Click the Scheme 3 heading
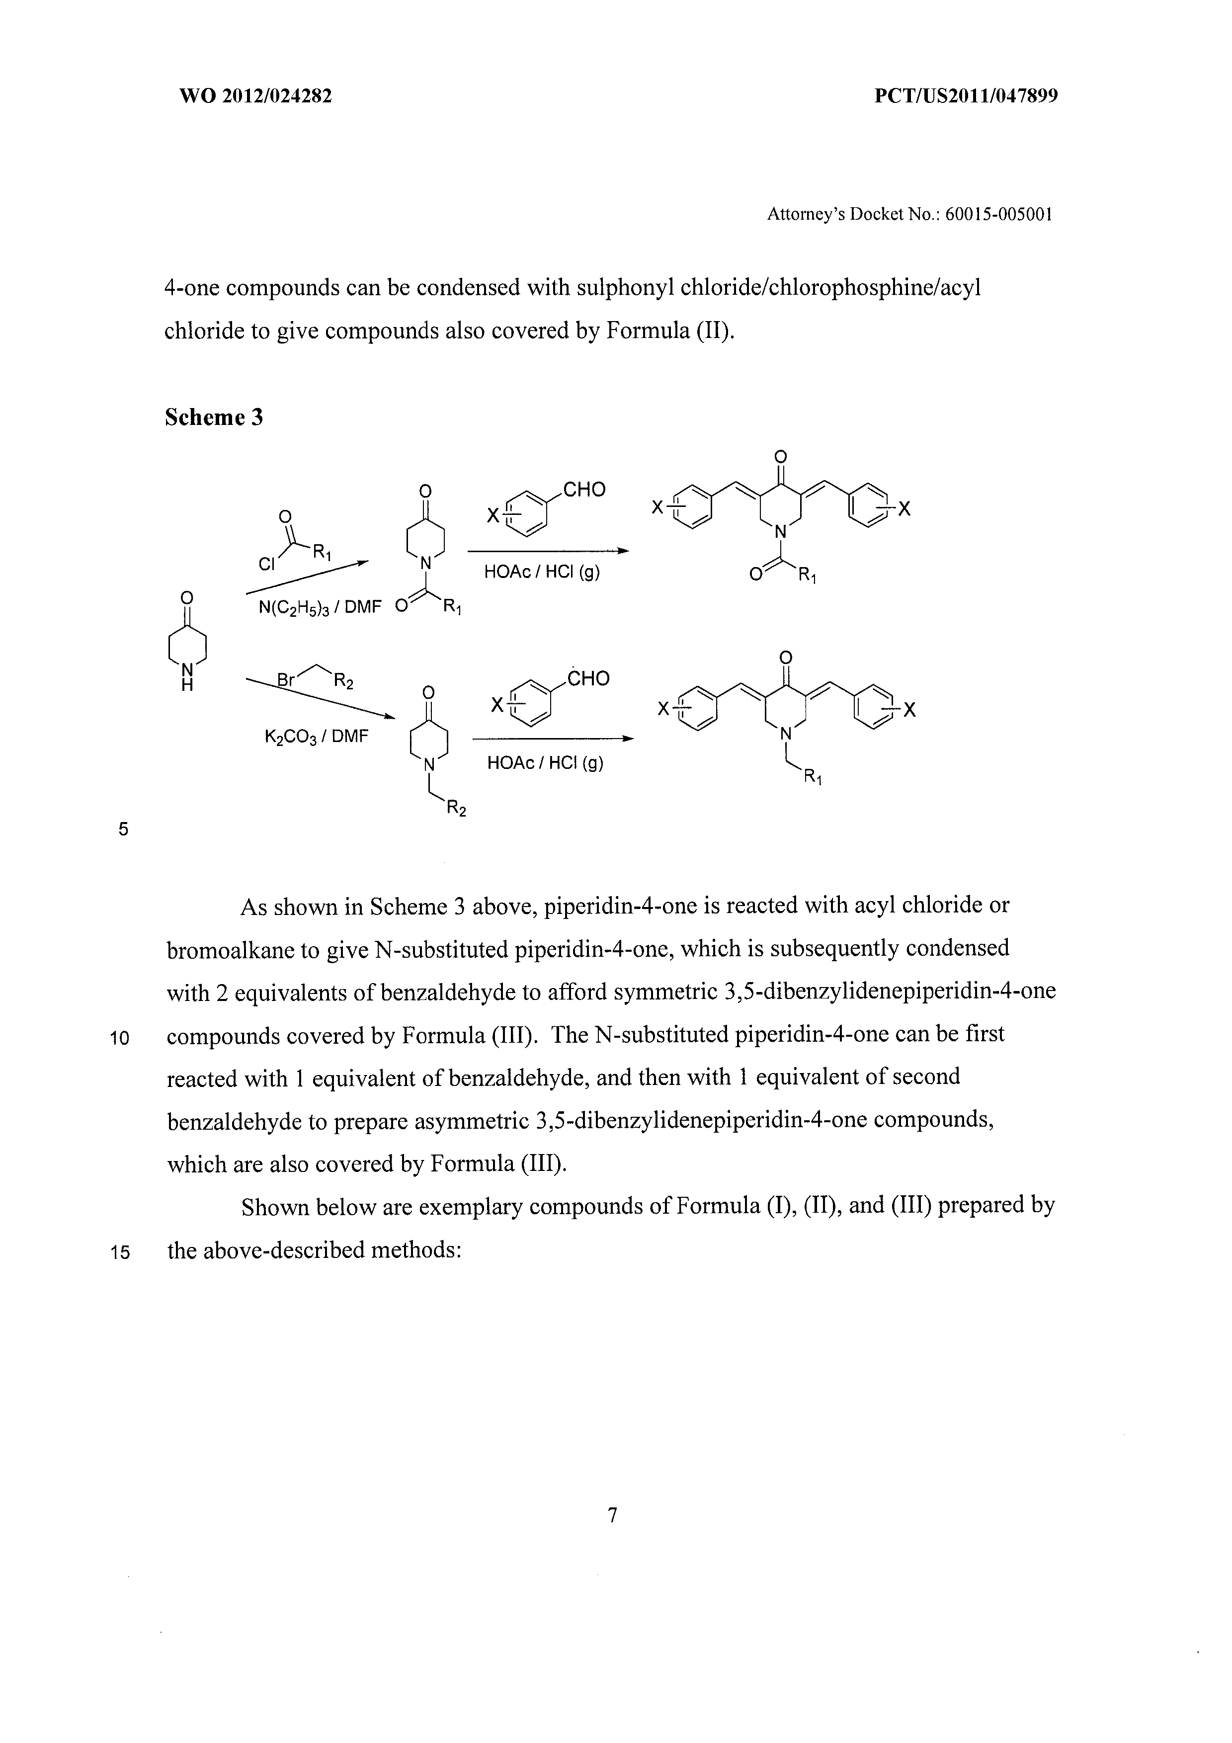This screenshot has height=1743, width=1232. [214, 417]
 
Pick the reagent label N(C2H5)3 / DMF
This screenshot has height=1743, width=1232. [318, 608]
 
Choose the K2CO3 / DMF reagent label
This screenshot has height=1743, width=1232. [316, 736]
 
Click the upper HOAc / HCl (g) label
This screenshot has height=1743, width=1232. [542, 573]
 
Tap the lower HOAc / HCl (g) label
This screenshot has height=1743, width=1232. [545, 762]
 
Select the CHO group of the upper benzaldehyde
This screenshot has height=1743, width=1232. [584, 490]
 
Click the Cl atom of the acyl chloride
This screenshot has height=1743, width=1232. [266, 564]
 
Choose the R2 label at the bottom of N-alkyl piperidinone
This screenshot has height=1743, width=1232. [455, 809]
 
